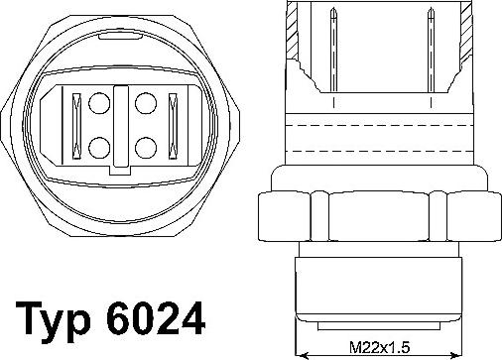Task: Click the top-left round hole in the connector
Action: coord(99,102)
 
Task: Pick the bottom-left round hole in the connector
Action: coord(99,147)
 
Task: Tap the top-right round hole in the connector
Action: coord(146,102)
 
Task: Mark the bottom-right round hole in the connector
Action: coord(146,147)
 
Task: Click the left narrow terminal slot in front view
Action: coord(73,124)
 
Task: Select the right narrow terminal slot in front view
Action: coord(171,124)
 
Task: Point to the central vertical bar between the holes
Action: coord(122,124)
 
